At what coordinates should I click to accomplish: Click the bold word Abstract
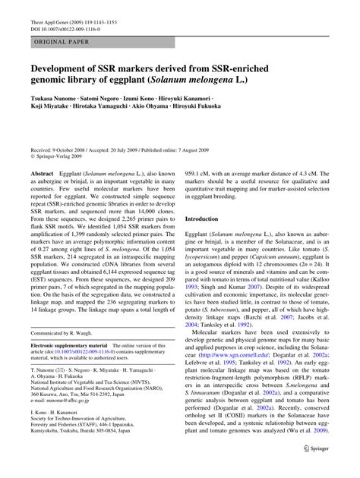(x=43, y=174)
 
